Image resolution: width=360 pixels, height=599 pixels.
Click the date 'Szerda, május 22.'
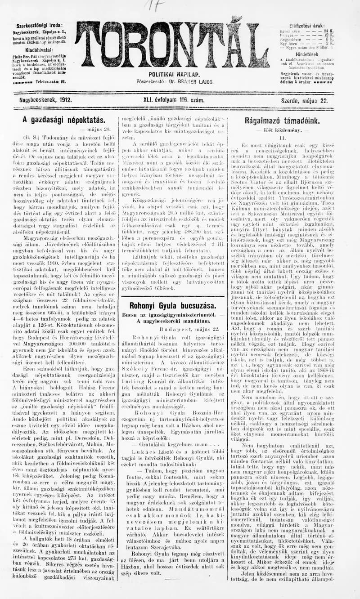click(x=304, y=101)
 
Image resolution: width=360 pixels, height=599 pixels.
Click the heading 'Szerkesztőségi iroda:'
click(x=40, y=26)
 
